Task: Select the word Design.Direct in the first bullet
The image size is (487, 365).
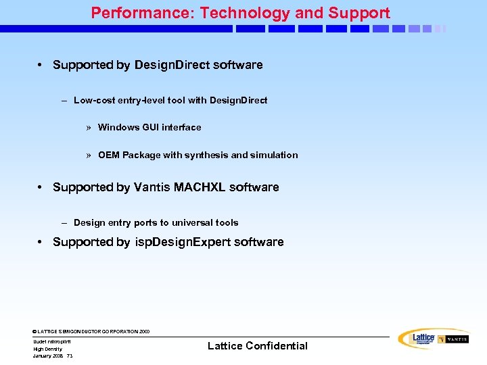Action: (x=172, y=65)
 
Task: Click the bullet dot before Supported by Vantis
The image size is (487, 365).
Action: (x=41, y=187)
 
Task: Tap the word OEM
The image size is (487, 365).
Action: (x=109, y=155)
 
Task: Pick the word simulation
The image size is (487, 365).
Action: (x=275, y=155)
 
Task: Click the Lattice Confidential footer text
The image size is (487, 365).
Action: (x=257, y=346)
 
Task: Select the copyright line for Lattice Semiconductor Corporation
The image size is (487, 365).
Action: (x=91, y=331)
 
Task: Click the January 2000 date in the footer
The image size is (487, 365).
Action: (x=47, y=356)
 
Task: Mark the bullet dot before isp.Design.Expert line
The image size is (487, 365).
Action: (x=41, y=242)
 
